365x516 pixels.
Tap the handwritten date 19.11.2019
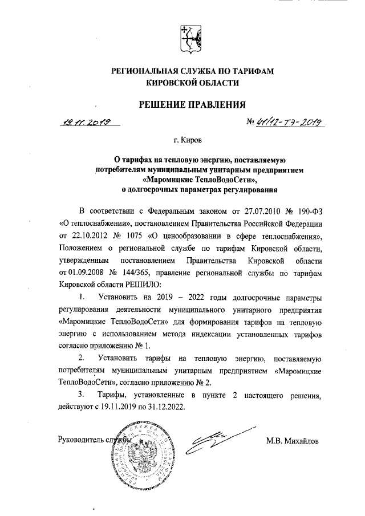pos(87,121)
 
